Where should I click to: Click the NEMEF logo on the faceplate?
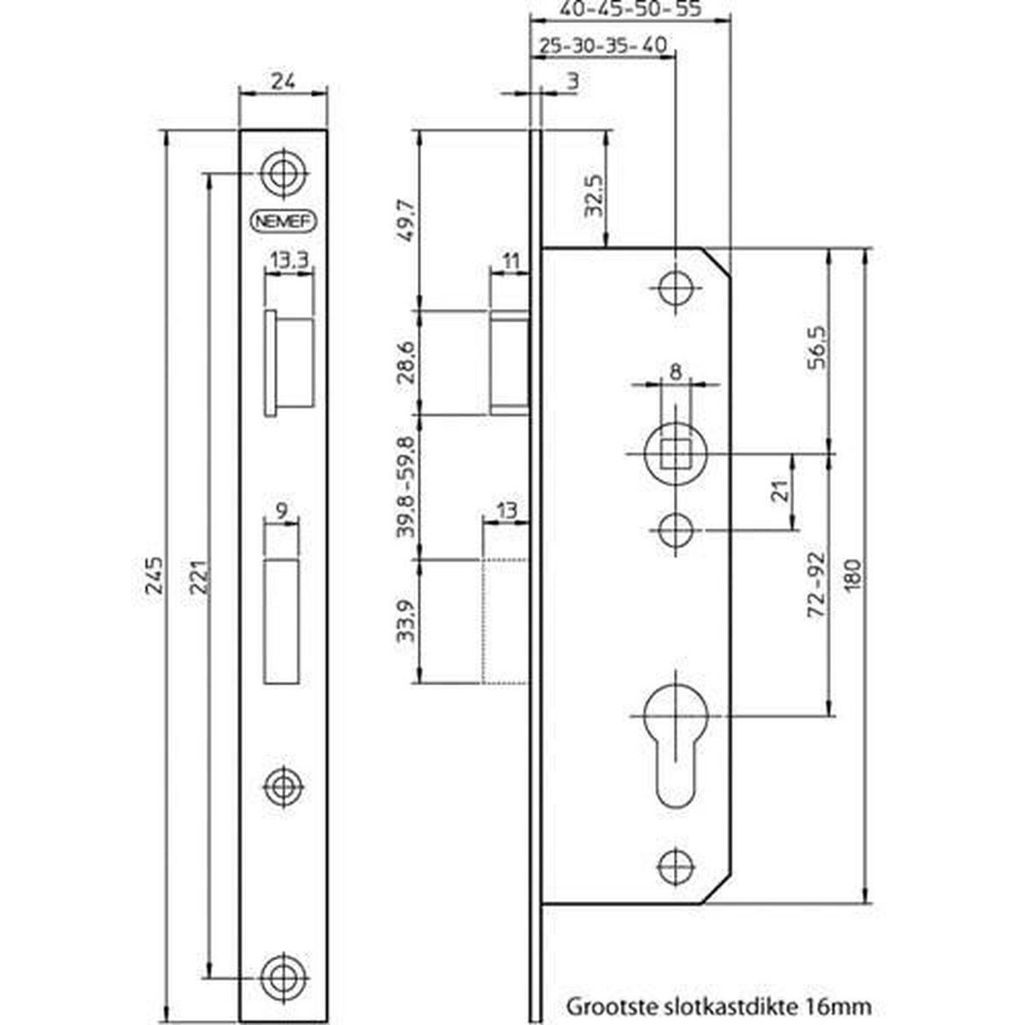point(283,221)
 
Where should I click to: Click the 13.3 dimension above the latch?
point(289,261)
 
